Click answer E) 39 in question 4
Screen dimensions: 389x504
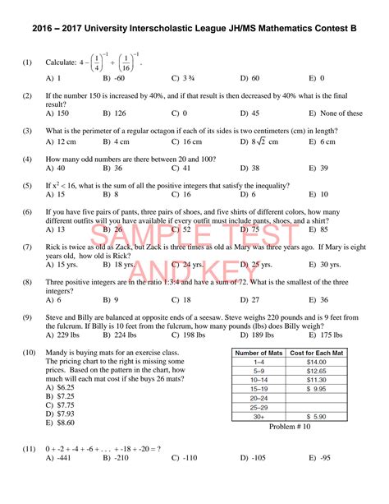point(318,168)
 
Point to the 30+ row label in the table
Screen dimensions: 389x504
point(259,417)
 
